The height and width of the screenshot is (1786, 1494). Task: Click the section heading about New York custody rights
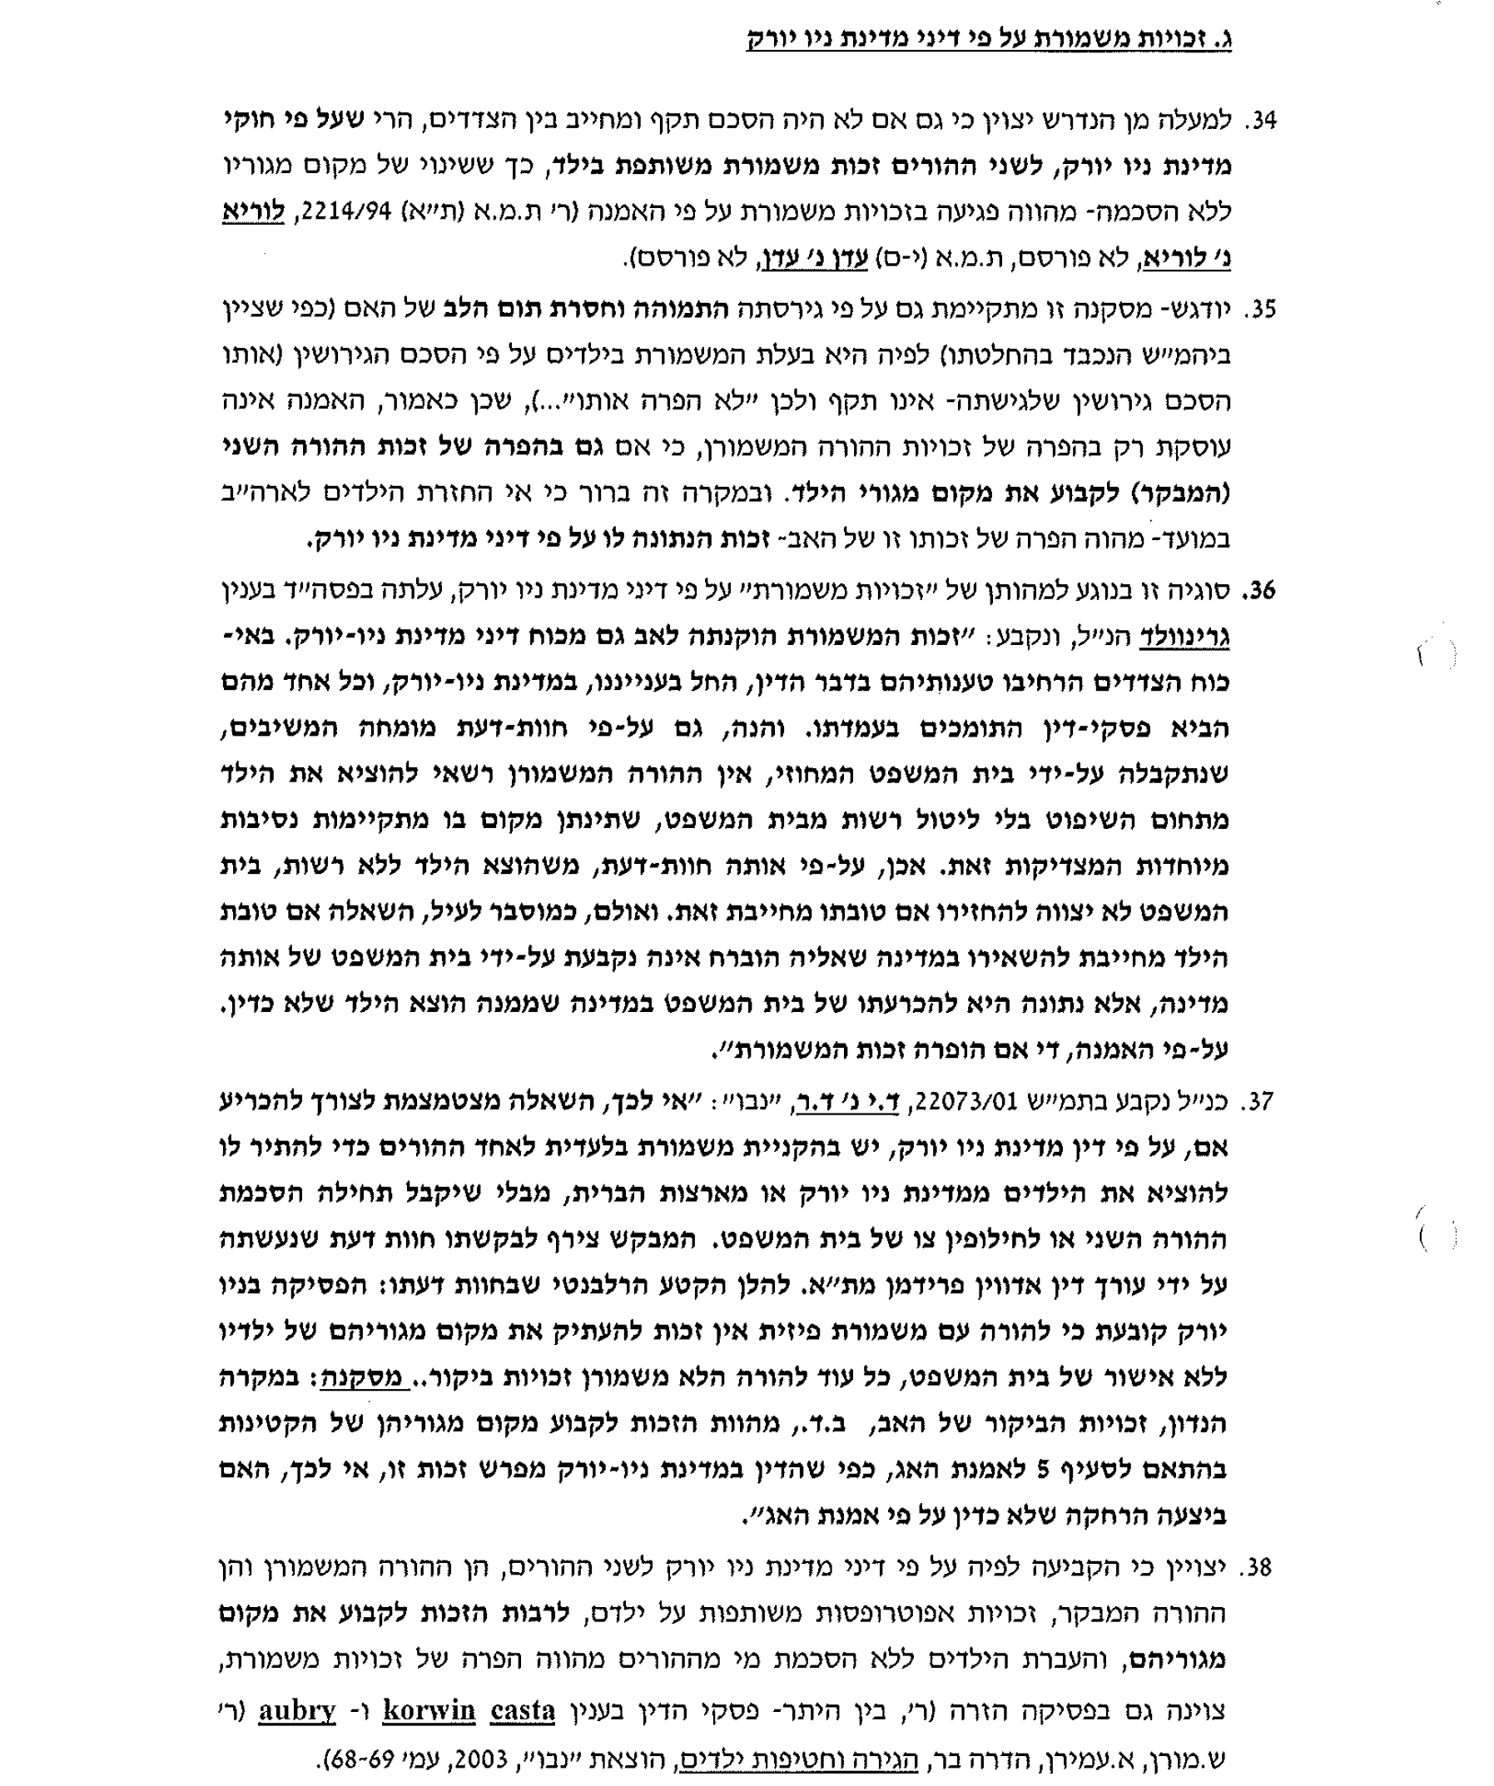[988, 39]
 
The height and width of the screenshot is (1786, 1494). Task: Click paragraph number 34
[1260, 121]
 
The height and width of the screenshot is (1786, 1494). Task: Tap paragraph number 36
[1260, 589]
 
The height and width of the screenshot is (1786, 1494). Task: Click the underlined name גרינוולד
[1184, 637]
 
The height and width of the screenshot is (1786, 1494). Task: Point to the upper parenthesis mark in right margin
[1433, 656]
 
